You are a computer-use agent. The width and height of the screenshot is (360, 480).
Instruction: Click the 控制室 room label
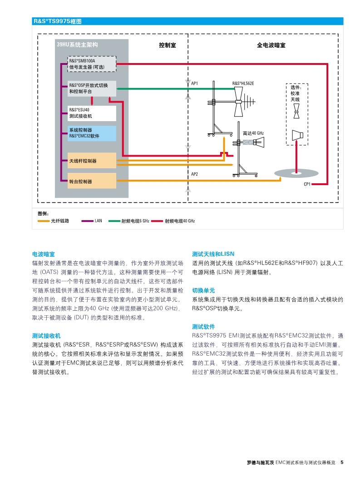pyautogui.click(x=168, y=45)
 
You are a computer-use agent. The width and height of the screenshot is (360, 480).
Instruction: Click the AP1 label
pyautogui.click(x=194, y=83)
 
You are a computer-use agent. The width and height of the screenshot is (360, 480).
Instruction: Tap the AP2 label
pyautogui.click(x=194, y=174)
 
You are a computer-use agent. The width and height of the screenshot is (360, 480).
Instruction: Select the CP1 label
pyautogui.click(x=307, y=184)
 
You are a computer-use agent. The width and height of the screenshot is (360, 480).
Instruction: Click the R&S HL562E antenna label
pyautogui.click(x=243, y=83)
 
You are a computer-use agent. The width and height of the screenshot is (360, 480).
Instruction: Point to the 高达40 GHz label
pyautogui.click(x=253, y=133)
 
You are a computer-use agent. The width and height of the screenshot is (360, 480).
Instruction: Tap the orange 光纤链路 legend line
pyautogui.click(x=44, y=221)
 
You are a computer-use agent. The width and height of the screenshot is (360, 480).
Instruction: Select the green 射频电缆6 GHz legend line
pyautogui.click(x=114, y=221)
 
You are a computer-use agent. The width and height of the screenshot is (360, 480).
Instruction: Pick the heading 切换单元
pyautogui.click(x=203, y=290)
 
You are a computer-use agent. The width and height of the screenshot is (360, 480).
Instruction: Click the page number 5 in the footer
pyautogui.click(x=342, y=463)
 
